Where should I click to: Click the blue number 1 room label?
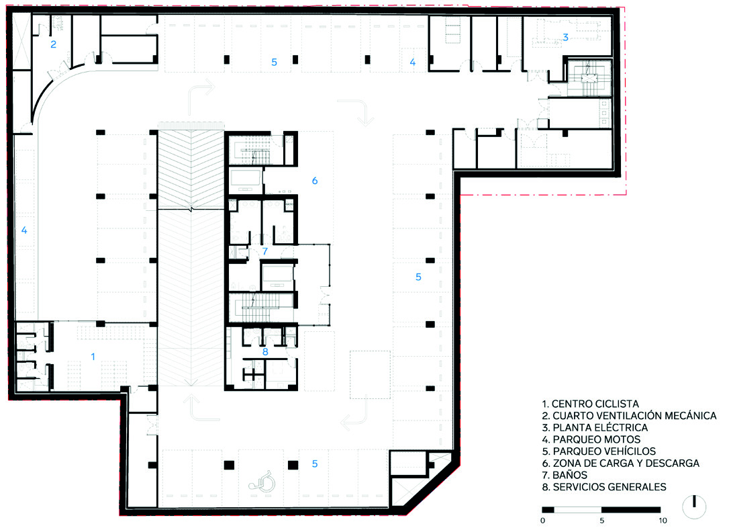click(x=93, y=357)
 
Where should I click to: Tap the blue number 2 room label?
click(x=54, y=44)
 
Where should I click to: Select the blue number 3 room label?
click(x=565, y=37)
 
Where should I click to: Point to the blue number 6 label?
click(x=315, y=181)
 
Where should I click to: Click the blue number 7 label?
click(x=265, y=251)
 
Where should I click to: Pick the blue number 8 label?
click(x=265, y=352)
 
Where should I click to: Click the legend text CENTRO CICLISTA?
click(x=595, y=404)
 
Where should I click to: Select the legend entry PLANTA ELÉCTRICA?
click(x=600, y=427)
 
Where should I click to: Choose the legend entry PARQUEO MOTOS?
click(x=597, y=439)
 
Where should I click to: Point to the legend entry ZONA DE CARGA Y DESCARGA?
click(x=626, y=464)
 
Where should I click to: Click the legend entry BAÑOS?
click(x=570, y=475)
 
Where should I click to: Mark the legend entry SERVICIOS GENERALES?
click(x=610, y=487)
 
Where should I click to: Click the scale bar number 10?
click(x=663, y=521)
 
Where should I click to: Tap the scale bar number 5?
click(x=602, y=521)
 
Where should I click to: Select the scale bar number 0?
click(x=543, y=521)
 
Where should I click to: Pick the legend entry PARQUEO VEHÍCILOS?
click(x=604, y=451)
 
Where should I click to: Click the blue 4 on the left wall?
click(x=24, y=230)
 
